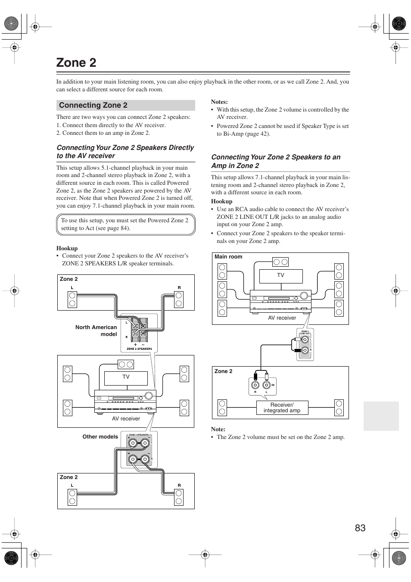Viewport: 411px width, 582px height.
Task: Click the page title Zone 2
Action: (x=76, y=63)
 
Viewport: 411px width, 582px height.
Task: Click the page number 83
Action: (x=360, y=528)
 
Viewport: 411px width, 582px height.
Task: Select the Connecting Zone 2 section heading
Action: (x=93, y=105)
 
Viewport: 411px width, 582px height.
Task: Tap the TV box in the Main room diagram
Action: (x=280, y=276)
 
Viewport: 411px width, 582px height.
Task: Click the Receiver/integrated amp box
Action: (x=282, y=408)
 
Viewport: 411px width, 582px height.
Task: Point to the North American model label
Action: (x=96, y=330)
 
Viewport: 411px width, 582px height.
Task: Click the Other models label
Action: (x=100, y=436)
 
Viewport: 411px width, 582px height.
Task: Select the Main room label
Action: (x=228, y=257)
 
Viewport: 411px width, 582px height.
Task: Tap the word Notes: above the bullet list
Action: (x=219, y=102)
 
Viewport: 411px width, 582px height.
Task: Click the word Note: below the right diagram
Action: (x=218, y=429)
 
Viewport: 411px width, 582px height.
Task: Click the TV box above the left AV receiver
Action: (x=126, y=377)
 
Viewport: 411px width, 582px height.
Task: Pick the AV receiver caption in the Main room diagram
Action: (x=282, y=318)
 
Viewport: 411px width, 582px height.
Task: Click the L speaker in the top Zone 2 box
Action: (x=72, y=299)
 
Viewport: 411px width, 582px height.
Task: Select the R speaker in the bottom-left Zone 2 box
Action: (x=179, y=496)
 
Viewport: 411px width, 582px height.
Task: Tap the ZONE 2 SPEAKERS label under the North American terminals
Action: (x=139, y=349)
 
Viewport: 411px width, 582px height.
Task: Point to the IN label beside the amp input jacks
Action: (x=273, y=385)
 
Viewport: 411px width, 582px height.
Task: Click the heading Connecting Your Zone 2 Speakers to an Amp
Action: (x=276, y=161)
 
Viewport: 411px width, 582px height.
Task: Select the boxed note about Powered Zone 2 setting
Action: (x=126, y=224)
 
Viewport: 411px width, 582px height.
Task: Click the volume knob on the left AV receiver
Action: (x=149, y=395)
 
